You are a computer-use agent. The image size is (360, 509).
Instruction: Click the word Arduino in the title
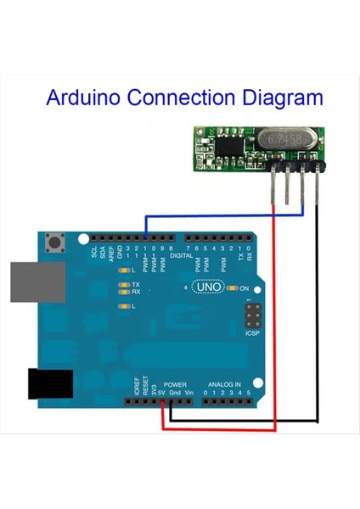pos(82,98)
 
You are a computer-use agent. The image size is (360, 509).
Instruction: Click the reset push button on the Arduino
pos(60,243)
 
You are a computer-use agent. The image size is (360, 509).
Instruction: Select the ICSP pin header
pos(251,320)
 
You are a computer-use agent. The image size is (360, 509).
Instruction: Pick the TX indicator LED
pos(124,284)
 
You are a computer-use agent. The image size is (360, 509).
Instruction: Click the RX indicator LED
pos(124,292)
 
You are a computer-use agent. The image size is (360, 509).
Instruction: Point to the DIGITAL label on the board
pos(181,254)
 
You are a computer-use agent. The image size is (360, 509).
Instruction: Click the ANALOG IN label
pos(224,384)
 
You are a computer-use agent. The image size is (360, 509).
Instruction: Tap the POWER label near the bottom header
pos(174,384)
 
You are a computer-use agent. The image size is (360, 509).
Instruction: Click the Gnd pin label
pos(174,393)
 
